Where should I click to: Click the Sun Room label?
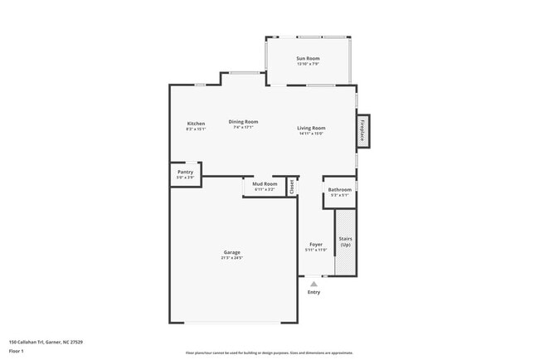[x=308, y=58]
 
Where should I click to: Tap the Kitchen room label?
[x=196, y=124]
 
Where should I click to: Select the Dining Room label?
[x=244, y=122]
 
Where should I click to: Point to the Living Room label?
[x=311, y=128]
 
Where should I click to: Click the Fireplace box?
[x=362, y=132]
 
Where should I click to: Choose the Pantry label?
[x=185, y=172]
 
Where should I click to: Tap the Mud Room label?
[x=265, y=183]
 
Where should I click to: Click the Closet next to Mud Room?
[x=291, y=187]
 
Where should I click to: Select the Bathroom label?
[x=339, y=189]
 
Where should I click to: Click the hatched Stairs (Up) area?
[x=345, y=242]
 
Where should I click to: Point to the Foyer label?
[x=316, y=244]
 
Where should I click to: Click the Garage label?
[x=231, y=252]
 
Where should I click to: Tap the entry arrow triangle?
[x=313, y=284]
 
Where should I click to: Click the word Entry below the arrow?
[x=313, y=292]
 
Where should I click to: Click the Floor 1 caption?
[x=17, y=351]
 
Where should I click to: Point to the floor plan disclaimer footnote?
[x=269, y=353]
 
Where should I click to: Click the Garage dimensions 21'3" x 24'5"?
[x=231, y=258]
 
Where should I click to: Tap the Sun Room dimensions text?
[x=308, y=64]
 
